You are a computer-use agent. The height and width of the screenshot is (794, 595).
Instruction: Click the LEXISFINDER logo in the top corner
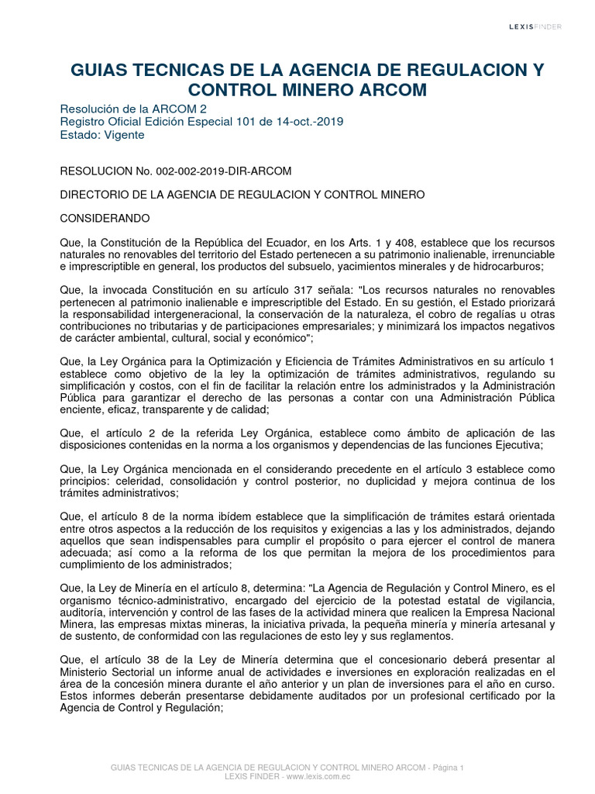pyautogui.click(x=535, y=26)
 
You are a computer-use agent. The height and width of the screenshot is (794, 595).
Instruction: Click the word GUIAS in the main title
pyautogui.click(x=100, y=71)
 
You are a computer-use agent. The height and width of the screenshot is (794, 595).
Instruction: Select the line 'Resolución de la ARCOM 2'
pyautogui.click(x=133, y=109)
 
